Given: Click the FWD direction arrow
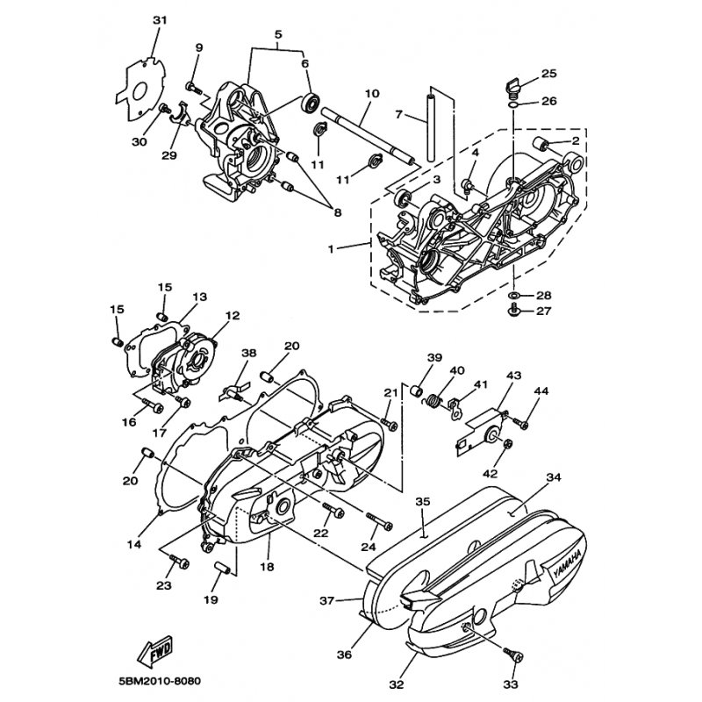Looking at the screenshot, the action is (153, 652).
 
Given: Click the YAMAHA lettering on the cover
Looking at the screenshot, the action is (567, 564).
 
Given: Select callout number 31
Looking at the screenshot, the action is (160, 20).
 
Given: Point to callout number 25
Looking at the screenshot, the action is (549, 73).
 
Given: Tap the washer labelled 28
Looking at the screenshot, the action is (513, 296).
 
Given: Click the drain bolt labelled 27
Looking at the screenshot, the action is (514, 309).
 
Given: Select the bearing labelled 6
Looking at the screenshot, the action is (311, 102).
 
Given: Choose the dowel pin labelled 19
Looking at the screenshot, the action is (222, 568).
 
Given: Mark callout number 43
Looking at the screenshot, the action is (513, 375).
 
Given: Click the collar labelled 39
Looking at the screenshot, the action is (417, 390).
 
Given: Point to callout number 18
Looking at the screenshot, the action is (267, 567).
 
